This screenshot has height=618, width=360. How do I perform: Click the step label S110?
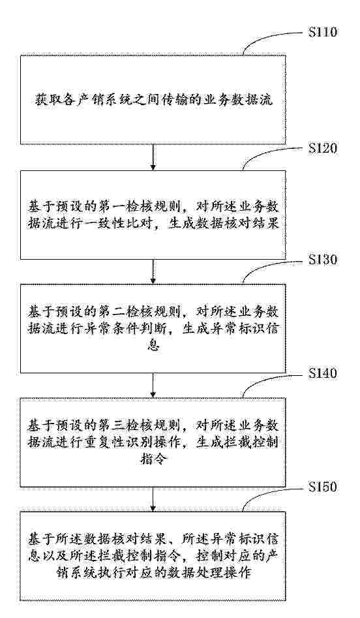(x=323, y=31)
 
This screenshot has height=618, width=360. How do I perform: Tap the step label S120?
(x=323, y=148)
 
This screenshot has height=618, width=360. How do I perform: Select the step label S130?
(x=323, y=260)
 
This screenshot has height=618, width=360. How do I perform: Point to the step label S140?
(x=323, y=373)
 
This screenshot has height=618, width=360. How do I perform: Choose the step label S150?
(x=323, y=487)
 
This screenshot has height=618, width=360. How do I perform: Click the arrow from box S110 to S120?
(x=153, y=157)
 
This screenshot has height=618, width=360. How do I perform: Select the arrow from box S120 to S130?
(x=153, y=271)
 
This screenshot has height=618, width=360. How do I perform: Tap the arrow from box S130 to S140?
(x=153, y=385)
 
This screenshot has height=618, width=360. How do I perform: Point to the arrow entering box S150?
(x=153, y=499)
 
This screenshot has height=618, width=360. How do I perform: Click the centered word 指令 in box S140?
(x=153, y=459)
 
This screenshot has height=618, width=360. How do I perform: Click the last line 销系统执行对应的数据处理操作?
(x=153, y=572)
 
